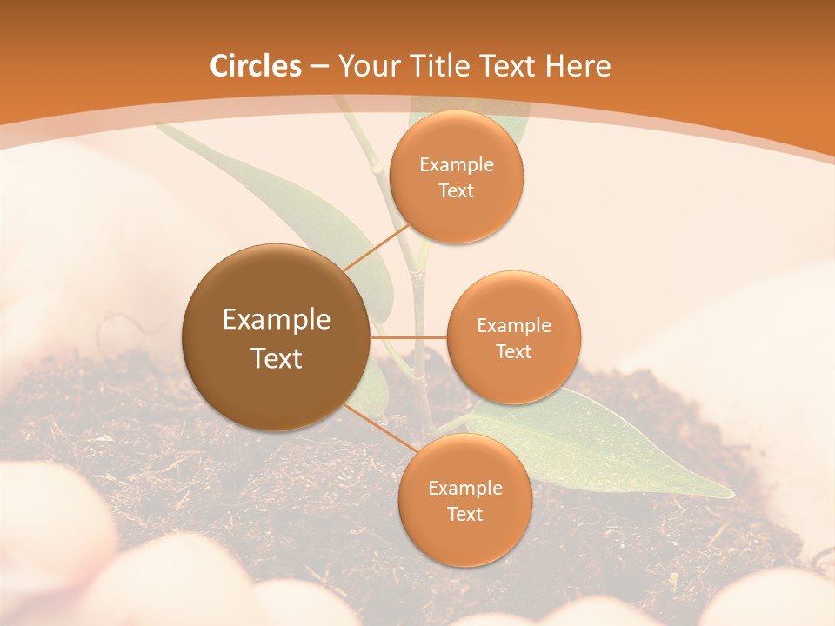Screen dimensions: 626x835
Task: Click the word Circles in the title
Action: click(256, 66)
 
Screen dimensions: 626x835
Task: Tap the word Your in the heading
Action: click(367, 66)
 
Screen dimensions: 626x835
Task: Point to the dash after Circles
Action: click(319, 67)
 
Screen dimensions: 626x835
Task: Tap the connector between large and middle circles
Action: click(409, 336)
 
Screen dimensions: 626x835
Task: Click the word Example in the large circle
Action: click(277, 320)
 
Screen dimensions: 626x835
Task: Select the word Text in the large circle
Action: click(277, 358)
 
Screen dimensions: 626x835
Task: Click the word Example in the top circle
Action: click(456, 164)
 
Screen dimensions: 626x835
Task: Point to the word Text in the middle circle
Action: click(513, 351)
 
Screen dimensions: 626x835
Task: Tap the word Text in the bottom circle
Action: click(464, 514)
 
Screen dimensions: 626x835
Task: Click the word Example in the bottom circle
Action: click(464, 488)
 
